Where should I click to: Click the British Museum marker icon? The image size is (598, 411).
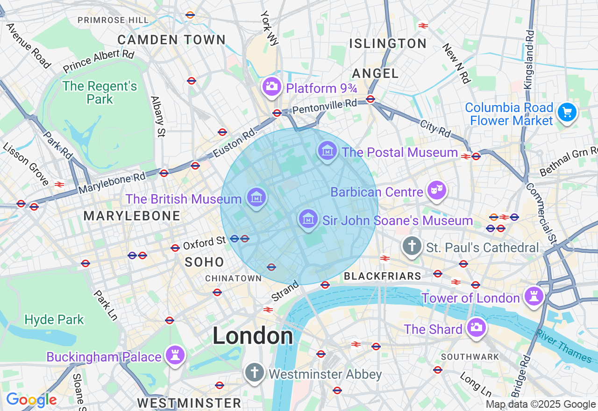[256, 198]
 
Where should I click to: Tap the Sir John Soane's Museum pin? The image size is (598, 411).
[308, 220]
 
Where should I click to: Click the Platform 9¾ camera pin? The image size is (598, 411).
[271, 87]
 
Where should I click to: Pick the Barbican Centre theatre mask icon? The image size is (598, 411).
[436, 191]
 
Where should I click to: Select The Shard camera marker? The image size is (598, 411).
[476, 327]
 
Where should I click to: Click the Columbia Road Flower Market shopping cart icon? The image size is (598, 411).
[567, 113]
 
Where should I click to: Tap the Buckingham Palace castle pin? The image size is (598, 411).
[175, 356]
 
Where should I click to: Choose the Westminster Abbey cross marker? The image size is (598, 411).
[255, 373]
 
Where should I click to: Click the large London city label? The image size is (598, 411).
[253, 336]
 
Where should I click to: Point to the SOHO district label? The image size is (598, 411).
[204, 262]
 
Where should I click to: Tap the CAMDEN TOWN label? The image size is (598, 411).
[171, 40]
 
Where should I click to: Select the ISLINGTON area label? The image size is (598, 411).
[388, 44]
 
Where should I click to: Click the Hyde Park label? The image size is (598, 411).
[54, 320]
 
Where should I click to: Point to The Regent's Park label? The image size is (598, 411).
[100, 92]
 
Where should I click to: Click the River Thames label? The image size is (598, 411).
[564, 346]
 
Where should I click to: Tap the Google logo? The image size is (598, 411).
[31, 400]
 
